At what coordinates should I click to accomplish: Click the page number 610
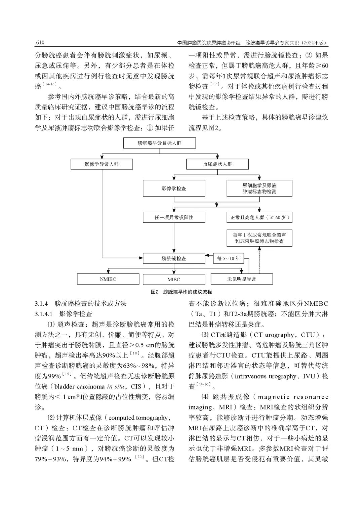[x=40, y=43]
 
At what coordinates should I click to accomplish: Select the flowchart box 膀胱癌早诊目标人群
[x=159, y=143]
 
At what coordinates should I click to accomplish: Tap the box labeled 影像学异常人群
[x=102, y=164]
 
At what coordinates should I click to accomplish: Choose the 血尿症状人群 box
[x=217, y=164]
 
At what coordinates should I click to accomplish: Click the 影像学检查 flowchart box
[x=174, y=188]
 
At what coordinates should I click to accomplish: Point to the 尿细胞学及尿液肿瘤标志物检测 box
[x=259, y=188]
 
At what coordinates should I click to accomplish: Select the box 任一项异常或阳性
[x=174, y=217]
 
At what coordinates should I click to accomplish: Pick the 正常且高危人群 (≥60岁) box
[x=259, y=217]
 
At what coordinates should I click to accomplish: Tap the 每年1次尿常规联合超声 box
[x=259, y=238]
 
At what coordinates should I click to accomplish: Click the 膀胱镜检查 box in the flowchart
[x=174, y=258]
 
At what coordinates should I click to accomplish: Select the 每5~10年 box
[x=228, y=258]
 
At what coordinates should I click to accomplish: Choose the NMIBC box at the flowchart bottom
[x=108, y=279]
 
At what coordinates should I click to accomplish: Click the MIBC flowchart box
[x=174, y=279]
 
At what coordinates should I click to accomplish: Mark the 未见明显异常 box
[x=241, y=279]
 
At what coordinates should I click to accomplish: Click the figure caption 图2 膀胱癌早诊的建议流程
[x=181, y=292]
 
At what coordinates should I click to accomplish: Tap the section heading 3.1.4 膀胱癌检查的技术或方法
[x=80, y=303]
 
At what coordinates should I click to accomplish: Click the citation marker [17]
[x=215, y=84]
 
